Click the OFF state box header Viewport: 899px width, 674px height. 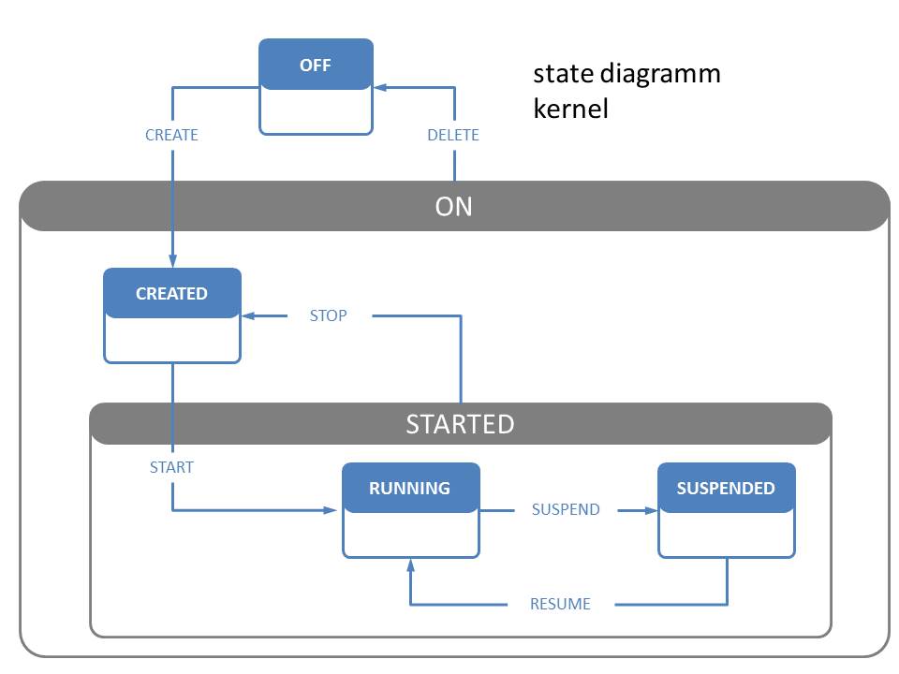[x=316, y=65]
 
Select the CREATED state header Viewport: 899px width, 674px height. [x=172, y=293]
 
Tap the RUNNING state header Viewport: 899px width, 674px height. [x=410, y=488]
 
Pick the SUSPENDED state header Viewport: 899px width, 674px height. [x=727, y=488]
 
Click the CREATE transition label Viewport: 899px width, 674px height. [x=171, y=135]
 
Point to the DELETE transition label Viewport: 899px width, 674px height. [x=453, y=135]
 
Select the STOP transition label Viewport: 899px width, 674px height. [x=328, y=315]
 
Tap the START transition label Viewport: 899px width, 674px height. [x=171, y=467]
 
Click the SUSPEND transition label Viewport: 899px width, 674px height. [x=566, y=509]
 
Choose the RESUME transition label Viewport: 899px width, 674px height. [x=560, y=604]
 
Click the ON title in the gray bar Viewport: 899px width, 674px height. [x=453, y=206]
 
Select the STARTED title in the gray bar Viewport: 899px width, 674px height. [x=460, y=424]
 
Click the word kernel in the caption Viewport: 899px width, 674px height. [x=570, y=109]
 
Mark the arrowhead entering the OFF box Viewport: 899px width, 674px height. [x=380, y=88]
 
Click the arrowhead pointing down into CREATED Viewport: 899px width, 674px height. [x=172, y=261]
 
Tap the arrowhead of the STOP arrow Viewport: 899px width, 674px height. [x=248, y=315]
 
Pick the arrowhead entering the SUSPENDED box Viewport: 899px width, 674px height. [x=651, y=510]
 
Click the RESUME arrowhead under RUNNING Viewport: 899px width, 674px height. [x=410, y=565]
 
